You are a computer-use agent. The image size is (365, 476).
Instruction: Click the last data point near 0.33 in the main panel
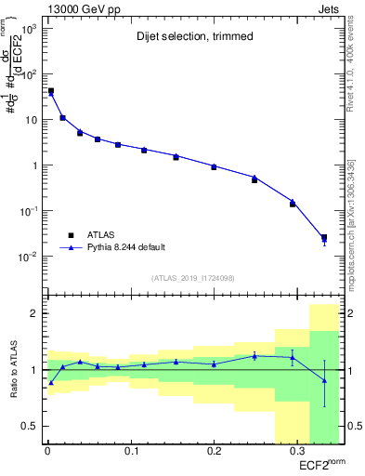(324, 238)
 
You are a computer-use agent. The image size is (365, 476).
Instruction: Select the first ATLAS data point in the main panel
(50, 91)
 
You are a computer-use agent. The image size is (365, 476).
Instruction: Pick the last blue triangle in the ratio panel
(324, 380)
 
